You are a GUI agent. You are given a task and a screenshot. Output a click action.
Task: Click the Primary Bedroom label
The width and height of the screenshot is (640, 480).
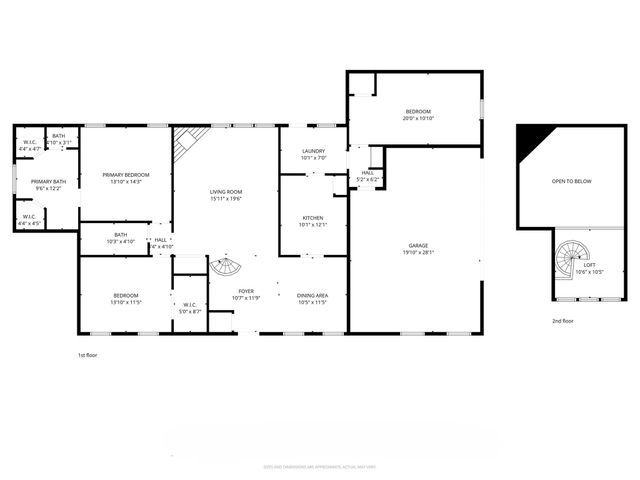click(126, 175)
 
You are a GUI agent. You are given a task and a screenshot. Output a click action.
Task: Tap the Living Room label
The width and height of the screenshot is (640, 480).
click(226, 191)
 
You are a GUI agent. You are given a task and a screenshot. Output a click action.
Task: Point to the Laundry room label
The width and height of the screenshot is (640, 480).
click(314, 151)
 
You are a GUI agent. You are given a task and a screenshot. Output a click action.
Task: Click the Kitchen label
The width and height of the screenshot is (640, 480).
click(314, 218)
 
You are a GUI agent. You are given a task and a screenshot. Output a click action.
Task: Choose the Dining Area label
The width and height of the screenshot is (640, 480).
click(313, 295)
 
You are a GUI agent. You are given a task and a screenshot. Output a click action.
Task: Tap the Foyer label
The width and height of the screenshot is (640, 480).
click(245, 291)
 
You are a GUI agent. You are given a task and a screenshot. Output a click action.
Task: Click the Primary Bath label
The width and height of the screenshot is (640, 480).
click(48, 181)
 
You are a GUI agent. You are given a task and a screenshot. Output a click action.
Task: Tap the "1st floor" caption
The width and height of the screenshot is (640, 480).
click(88, 355)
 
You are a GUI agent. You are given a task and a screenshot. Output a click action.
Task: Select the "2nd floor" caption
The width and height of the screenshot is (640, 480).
click(563, 321)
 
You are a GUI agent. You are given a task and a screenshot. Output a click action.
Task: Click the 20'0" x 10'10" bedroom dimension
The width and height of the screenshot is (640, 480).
click(417, 118)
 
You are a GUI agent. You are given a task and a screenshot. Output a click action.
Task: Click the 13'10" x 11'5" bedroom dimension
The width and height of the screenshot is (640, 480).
click(126, 302)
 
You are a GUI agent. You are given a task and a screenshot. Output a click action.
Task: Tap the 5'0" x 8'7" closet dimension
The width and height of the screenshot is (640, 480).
click(189, 312)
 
